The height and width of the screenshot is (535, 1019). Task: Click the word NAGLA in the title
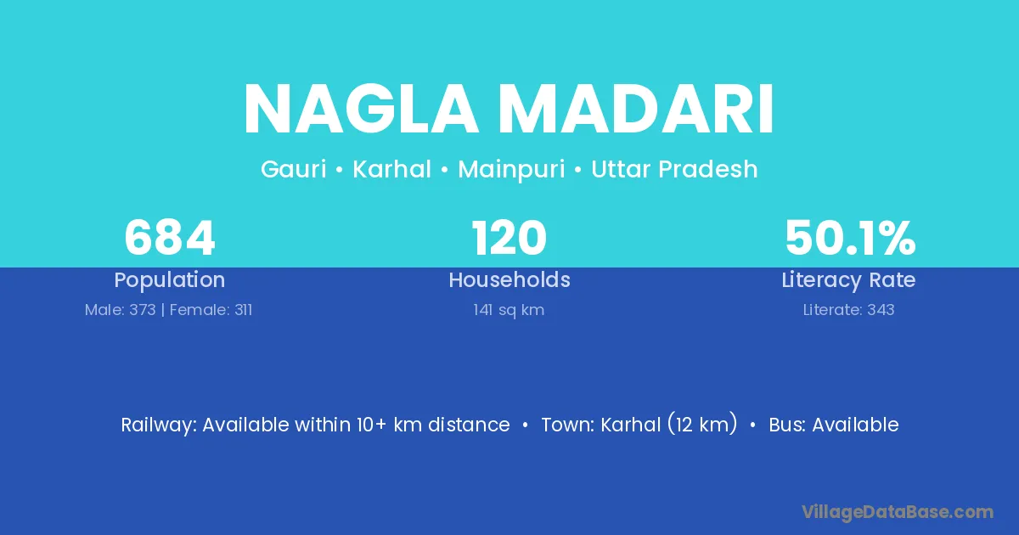tap(362, 109)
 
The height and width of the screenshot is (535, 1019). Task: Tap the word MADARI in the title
tap(639, 109)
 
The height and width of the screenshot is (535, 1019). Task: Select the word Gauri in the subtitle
tap(294, 169)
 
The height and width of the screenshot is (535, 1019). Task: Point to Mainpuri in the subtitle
tap(511, 170)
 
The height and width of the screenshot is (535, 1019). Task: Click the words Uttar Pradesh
tap(674, 169)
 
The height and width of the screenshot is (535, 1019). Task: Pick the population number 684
tap(170, 238)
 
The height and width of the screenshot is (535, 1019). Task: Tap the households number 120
tap(509, 238)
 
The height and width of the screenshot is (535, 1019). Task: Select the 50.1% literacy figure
tap(850, 238)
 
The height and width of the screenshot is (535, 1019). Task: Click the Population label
tap(170, 280)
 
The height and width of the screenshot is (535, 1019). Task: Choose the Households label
tap(509, 279)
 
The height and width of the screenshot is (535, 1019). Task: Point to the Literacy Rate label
tap(848, 280)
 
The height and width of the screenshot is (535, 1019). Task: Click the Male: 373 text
tap(120, 310)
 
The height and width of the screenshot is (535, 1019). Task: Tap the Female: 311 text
tap(211, 310)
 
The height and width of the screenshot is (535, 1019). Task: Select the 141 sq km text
tap(509, 310)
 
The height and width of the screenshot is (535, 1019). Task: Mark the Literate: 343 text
tap(848, 310)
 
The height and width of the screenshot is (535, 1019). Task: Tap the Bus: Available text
tap(834, 425)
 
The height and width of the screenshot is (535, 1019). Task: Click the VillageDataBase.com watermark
tap(898, 513)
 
